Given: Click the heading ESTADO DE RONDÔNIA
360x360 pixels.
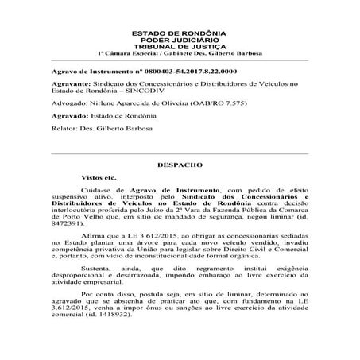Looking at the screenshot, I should click(x=179, y=33).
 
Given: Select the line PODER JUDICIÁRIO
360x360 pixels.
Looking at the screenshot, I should click(x=179, y=40).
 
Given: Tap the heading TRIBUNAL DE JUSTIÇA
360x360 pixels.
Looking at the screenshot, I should click(x=179, y=46).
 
